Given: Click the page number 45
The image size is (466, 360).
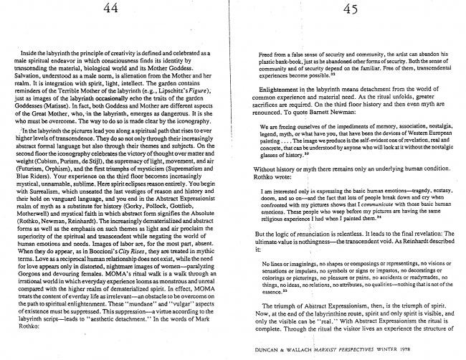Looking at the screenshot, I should (351, 10).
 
